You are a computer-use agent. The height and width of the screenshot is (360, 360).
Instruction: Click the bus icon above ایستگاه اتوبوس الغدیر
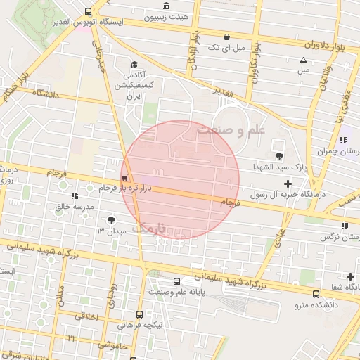pos(88,11)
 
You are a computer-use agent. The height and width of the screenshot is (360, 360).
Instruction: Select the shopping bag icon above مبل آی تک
pos(226,37)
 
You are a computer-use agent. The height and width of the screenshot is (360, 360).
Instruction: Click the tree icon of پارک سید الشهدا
pos(279,156)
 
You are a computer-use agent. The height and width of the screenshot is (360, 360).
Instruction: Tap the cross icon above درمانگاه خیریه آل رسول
pos(287,183)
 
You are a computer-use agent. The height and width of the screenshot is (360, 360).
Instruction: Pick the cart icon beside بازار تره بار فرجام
pos(124,179)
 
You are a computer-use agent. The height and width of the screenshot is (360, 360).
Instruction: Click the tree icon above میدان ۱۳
pos(110,220)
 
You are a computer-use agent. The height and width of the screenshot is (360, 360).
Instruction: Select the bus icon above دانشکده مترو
pos(316,295)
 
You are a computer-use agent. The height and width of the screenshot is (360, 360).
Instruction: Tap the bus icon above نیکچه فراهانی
pos(139,314)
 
